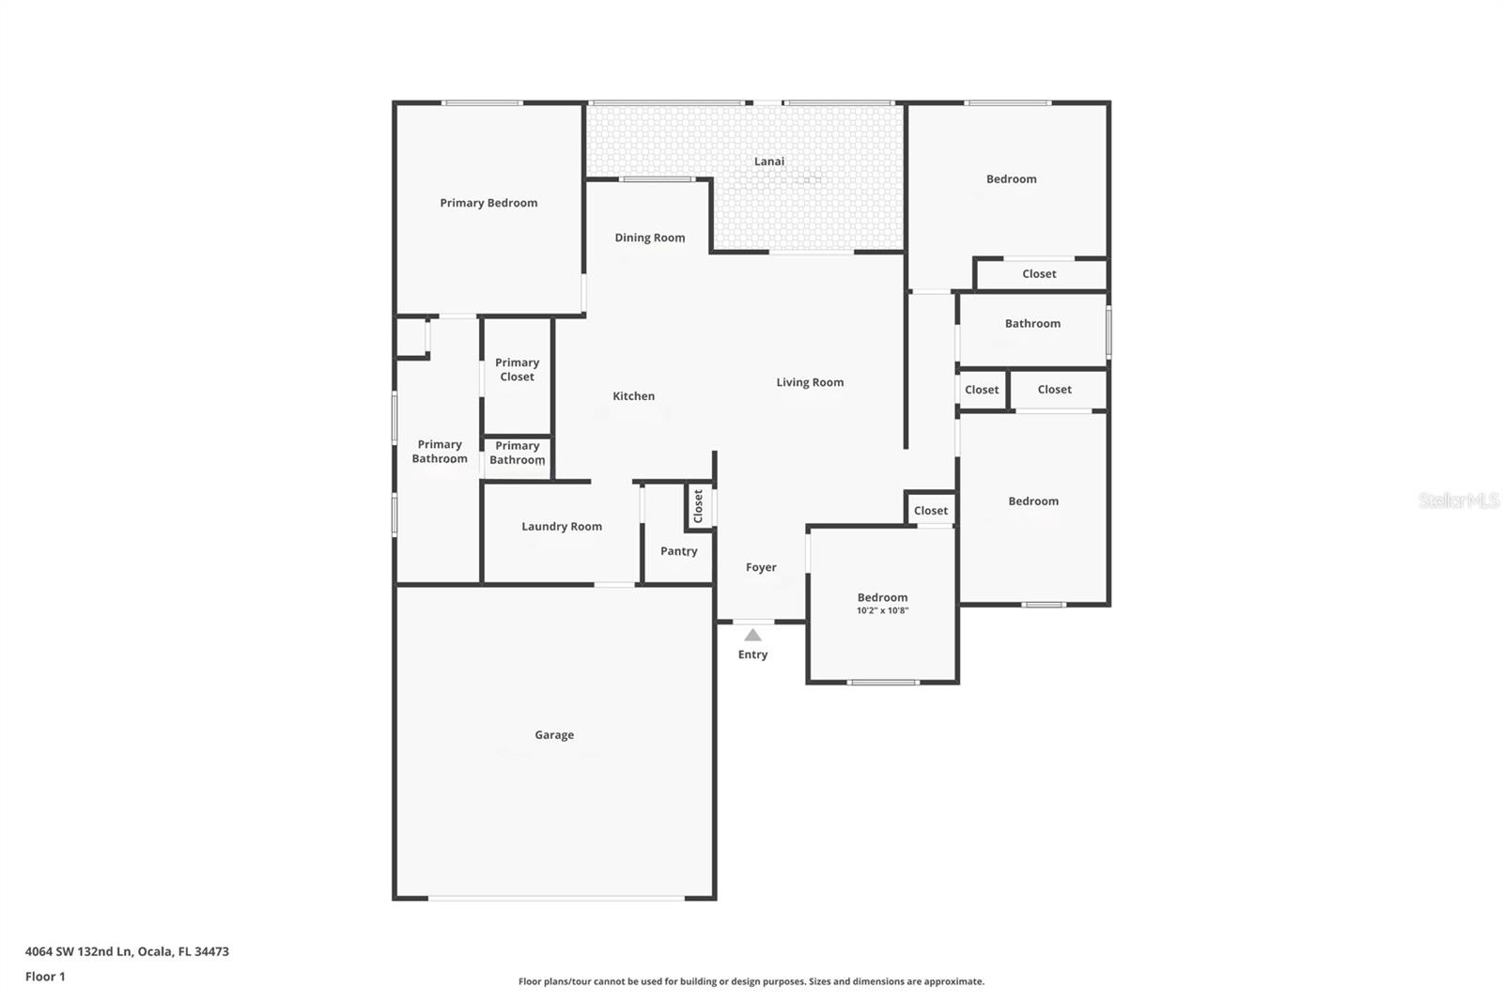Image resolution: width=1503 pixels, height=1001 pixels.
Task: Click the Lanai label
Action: pyautogui.click(x=768, y=162)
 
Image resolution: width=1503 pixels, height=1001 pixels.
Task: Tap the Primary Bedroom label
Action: pyautogui.click(x=488, y=203)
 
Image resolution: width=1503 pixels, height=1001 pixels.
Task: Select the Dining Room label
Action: pyautogui.click(x=649, y=238)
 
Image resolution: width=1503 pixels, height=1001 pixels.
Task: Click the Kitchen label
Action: pyautogui.click(x=633, y=396)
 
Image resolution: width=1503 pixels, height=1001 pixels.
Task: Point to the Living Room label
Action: pyautogui.click(x=809, y=382)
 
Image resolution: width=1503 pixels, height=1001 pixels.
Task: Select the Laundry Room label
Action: pyautogui.click(x=561, y=527)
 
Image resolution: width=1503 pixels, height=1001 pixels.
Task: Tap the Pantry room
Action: pyautogui.click(x=678, y=551)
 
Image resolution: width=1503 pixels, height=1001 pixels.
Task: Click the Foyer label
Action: pyautogui.click(x=760, y=567)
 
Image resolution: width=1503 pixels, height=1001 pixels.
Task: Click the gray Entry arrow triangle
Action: pyautogui.click(x=752, y=636)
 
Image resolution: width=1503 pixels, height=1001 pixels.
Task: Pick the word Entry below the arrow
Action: pyautogui.click(x=752, y=654)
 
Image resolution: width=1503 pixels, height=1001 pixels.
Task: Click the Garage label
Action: pyautogui.click(x=553, y=735)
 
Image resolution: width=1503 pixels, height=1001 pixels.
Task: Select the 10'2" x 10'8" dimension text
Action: pyautogui.click(x=882, y=611)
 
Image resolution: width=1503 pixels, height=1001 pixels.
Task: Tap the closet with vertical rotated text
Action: pyautogui.click(x=698, y=507)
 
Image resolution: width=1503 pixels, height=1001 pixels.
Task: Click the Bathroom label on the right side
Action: pyautogui.click(x=1031, y=324)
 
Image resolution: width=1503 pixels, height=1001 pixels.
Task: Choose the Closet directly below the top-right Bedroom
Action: pyautogui.click(x=1039, y=274)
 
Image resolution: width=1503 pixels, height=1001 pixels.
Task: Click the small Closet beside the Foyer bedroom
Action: pyautogui.click(x=930, y=511)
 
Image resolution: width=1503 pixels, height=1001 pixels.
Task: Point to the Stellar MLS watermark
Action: pyautogui.click(x=1458, y=500)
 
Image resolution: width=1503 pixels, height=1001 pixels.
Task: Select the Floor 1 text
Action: pyautogui.click(x=45, y=977)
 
